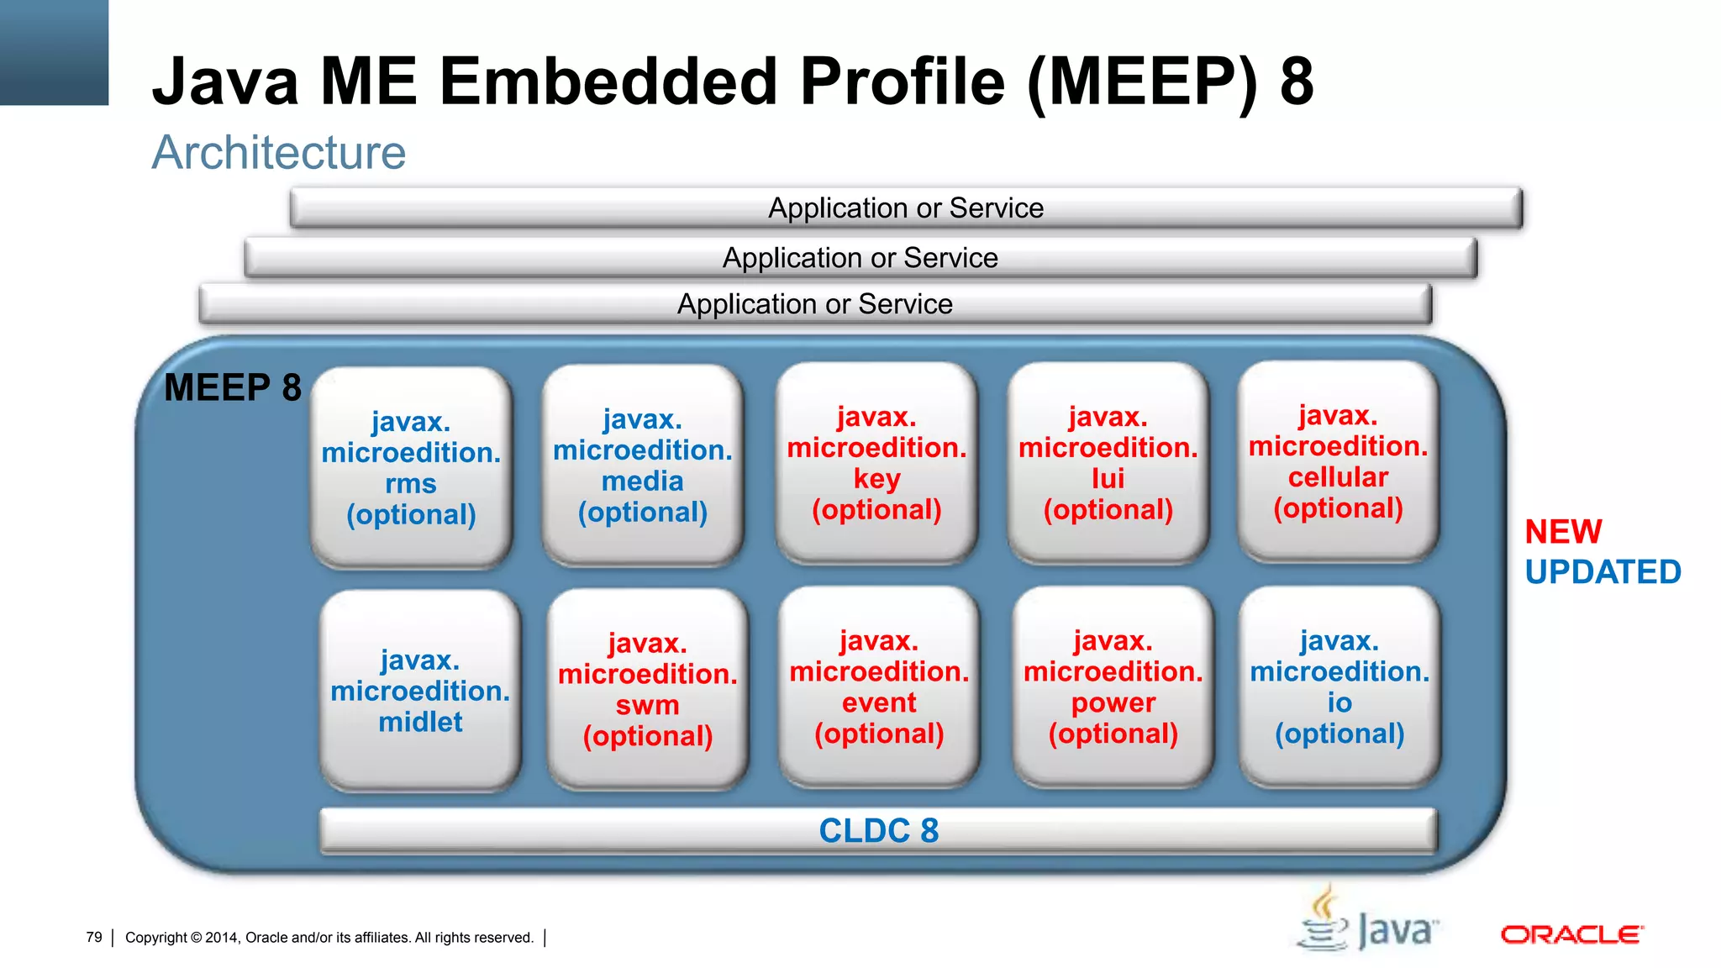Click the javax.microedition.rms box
pyautogui.click(x=411, y=467)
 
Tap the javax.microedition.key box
pyautogui.click(x=876, y=463)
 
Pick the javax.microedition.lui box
pyautogui.click(x=1108, y=463)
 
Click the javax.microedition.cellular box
pyautogui.click(x=1338, y=461)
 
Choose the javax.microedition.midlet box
pyautogui.click(x=420, y=690)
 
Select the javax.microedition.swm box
pyautogui.click(x=647, y=688)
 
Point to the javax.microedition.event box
pyautogui.click(x=879, y=687)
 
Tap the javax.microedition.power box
pyautogui.click(x=1113, y=687)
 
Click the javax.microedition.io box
pyautogui.click(x=1339, y=687)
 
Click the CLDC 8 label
pyautogui.click(x=878, y=830)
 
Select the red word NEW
pyautogui.click(x=1563, y=532)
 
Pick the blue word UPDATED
pyautogui.click(x=1603, y=572)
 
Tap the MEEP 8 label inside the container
pyautogui.click(x=233, y=388)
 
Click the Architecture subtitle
pyautogui.click(x=278, y=153)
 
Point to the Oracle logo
pyautogui.click(x=1571, y=934)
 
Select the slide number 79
pyautogui.click(x=94, y=937)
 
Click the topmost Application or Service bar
pyautogui.click(x=906, y=208)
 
